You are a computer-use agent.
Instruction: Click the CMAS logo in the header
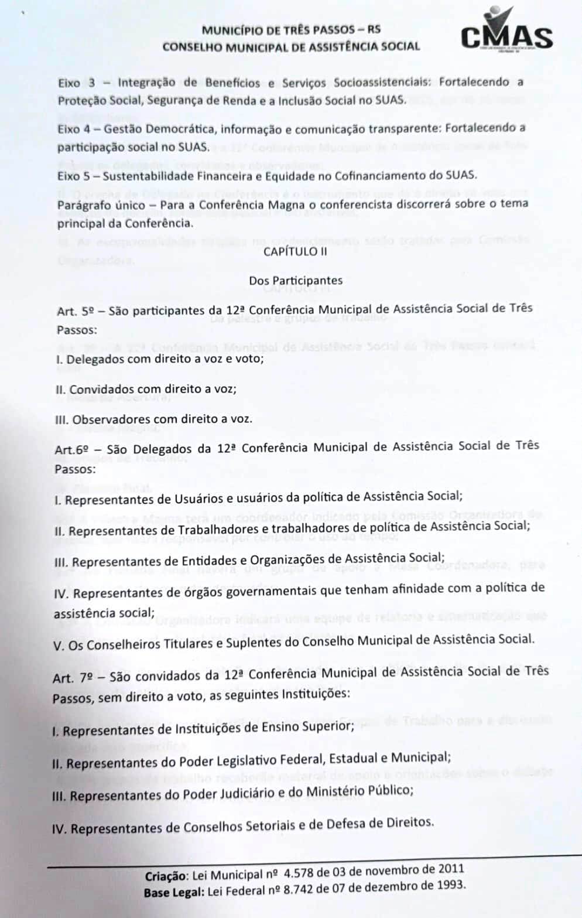(x=506, y=34)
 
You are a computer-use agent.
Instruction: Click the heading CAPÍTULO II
(x=295, y=251)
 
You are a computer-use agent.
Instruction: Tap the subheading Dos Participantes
(x=296, y=281)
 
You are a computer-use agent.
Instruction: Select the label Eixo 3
(x=77, y=83)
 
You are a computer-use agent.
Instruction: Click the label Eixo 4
(x=76, y=129)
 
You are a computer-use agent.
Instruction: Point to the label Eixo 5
(x=76, y=176)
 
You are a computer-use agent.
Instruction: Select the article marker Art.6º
(x=74, y=450)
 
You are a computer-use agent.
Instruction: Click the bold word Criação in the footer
(x=167, y=876)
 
